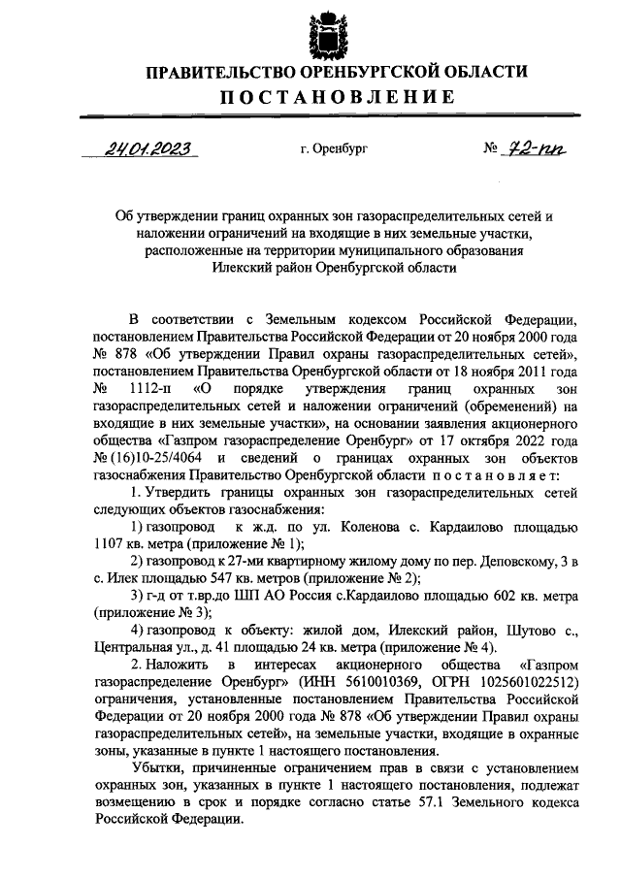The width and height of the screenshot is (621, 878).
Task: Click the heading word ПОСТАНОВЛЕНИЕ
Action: (337, 98)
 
